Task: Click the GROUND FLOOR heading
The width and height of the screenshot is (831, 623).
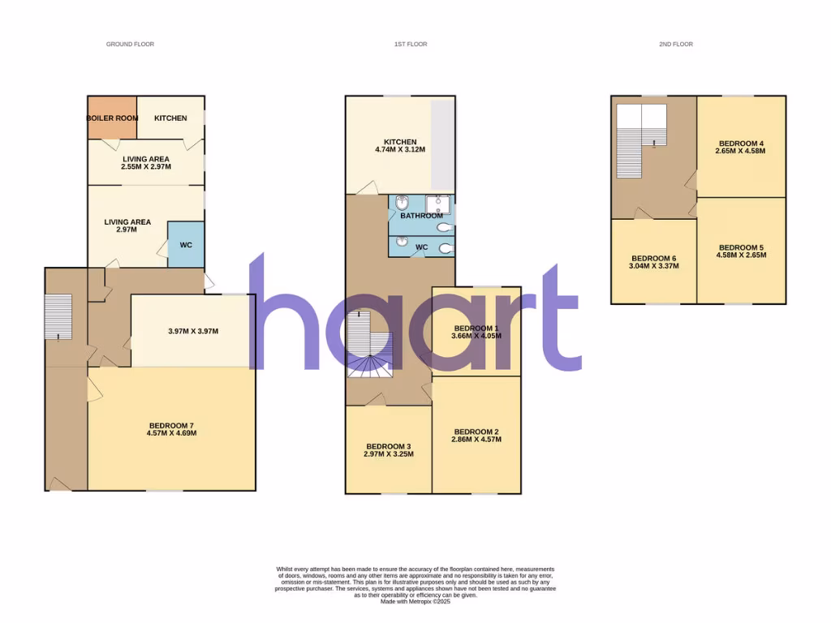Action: click(130, 44)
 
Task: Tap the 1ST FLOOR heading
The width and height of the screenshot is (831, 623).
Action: click(405, 44)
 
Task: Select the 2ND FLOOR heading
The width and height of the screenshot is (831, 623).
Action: click(676, 44)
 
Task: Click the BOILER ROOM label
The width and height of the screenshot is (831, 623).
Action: click(112, 118)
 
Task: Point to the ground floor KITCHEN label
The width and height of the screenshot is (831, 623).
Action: click(170, 118)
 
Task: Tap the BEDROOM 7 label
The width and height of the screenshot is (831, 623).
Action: click(171, 426)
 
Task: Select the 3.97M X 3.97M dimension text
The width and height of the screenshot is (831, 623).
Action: click(192, 331)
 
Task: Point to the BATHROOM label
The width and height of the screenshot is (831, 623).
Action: click(421, 216)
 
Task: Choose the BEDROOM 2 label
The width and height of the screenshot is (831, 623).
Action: click(476, 432)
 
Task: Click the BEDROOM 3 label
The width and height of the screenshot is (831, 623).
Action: click(389, 446)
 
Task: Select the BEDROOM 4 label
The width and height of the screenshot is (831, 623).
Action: click(740, 144)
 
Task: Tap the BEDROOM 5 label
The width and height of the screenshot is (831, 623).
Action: click(741, 247)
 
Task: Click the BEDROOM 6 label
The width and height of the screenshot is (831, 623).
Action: click(652, 259)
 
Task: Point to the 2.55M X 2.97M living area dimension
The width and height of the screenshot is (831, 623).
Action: click(145, 165)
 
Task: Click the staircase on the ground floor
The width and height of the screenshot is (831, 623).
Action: click(58, 316)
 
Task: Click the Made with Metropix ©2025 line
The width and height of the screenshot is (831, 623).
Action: click(415, 601)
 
